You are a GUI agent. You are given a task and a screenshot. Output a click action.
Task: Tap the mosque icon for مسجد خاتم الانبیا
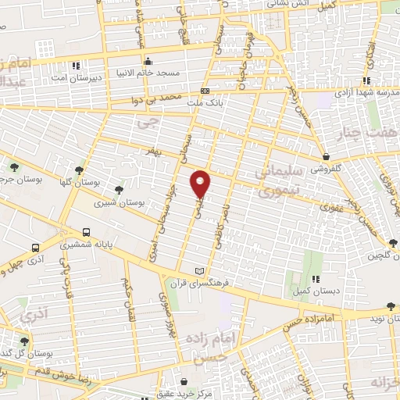pos(148,61)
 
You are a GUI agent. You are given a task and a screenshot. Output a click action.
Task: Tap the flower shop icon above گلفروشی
pos(324,156)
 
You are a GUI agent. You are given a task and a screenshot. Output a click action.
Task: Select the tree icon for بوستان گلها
pos(79,170)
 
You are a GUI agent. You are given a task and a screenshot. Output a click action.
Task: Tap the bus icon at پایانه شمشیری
pos(86,232)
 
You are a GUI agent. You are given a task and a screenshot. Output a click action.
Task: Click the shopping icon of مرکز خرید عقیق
pos(184,381)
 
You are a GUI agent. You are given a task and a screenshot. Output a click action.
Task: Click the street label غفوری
pos(331,206)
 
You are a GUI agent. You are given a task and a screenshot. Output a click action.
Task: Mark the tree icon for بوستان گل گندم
pos(23,341)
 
